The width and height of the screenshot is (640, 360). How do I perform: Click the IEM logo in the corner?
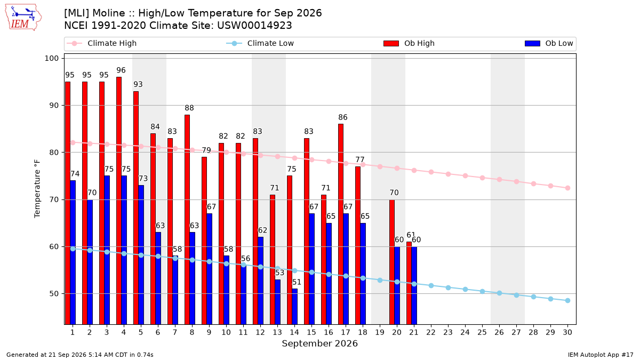click(23, 17)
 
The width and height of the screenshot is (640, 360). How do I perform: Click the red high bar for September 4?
click(119, 201)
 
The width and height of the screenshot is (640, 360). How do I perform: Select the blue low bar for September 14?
click(295, 307)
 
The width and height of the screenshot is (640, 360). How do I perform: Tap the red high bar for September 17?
click(341, 224)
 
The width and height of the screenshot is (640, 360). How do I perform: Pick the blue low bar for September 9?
click(210, 269)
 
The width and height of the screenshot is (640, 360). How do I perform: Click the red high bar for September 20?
click(392, 262)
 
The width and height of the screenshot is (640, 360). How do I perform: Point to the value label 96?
click(121, 70)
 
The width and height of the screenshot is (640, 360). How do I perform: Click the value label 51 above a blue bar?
click(297, 282)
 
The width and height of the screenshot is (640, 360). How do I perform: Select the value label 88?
click(189, 108)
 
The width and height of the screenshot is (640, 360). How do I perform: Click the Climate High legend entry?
click(102, 43)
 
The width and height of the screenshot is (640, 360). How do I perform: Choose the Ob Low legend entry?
click(549, 43)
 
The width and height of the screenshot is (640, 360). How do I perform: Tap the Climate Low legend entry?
click(260, 43)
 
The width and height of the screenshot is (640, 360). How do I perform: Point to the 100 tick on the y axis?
click(51, 58)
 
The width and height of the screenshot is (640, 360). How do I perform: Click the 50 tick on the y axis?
click(54, 294)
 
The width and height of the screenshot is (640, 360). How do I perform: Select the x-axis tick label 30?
click(567, 332)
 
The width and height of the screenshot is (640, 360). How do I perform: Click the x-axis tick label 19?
click(380, 332)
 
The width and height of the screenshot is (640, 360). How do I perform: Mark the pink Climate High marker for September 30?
click(567, 188)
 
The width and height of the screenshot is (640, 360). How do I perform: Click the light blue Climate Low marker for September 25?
click(482, 291)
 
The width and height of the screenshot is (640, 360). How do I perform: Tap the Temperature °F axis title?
click(37, 189)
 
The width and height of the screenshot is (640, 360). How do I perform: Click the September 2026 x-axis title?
click(319, 343)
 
